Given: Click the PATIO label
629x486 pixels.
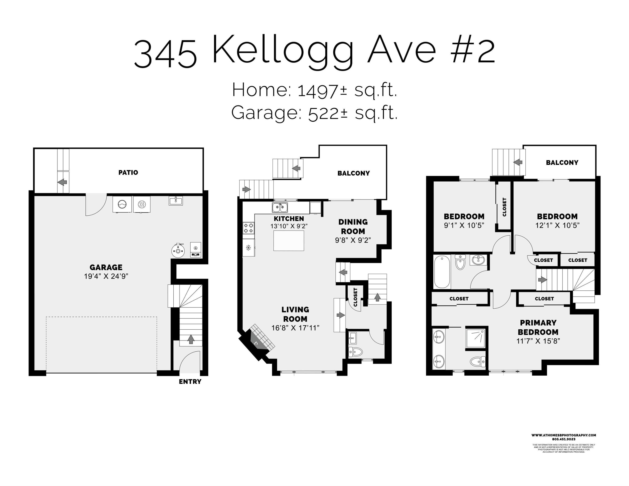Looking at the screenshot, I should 128,173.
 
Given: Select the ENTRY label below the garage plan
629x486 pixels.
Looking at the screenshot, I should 190,382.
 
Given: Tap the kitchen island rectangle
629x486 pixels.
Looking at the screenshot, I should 289,240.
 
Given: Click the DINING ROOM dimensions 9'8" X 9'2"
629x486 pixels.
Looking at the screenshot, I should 353,240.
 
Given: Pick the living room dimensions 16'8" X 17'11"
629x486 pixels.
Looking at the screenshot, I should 295,328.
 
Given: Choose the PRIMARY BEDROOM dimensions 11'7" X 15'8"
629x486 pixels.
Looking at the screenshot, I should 538,341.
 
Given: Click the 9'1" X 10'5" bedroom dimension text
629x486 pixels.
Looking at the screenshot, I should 464,225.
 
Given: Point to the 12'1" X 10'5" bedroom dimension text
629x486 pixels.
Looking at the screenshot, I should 557,225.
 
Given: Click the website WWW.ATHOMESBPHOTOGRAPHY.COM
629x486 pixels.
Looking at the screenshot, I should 564,435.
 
